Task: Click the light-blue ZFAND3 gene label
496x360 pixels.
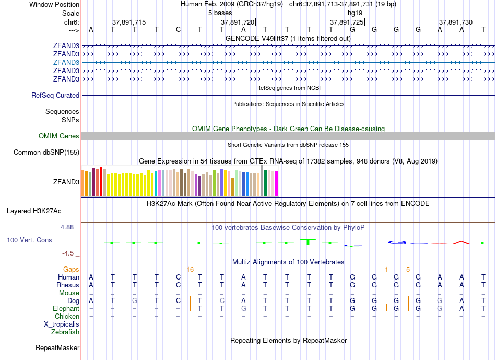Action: coord(66,62)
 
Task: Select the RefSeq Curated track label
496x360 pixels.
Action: coord(55,96)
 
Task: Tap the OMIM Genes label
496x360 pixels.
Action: coord(59,136)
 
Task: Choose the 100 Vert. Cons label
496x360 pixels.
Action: coord(29,240)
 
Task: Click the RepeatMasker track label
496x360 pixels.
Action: coord(57,347)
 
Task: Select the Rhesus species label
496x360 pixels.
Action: coord(68,285)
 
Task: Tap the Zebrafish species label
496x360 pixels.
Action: coord(65,332)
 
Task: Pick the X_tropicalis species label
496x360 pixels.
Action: coord(62,324)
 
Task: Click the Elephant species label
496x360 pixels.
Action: coord(66,309)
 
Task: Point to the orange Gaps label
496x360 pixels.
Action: coord(71,269)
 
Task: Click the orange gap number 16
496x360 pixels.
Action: coord(190,269)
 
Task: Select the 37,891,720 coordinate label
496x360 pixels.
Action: coord(238,22)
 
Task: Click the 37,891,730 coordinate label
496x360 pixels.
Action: coord(456,22)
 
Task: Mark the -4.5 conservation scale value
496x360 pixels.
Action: coord(68,253)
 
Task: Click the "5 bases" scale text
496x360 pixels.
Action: coord(220,12)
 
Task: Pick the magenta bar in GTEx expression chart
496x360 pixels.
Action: coord(277,184)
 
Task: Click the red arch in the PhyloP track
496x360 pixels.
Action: coord(462,242)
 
